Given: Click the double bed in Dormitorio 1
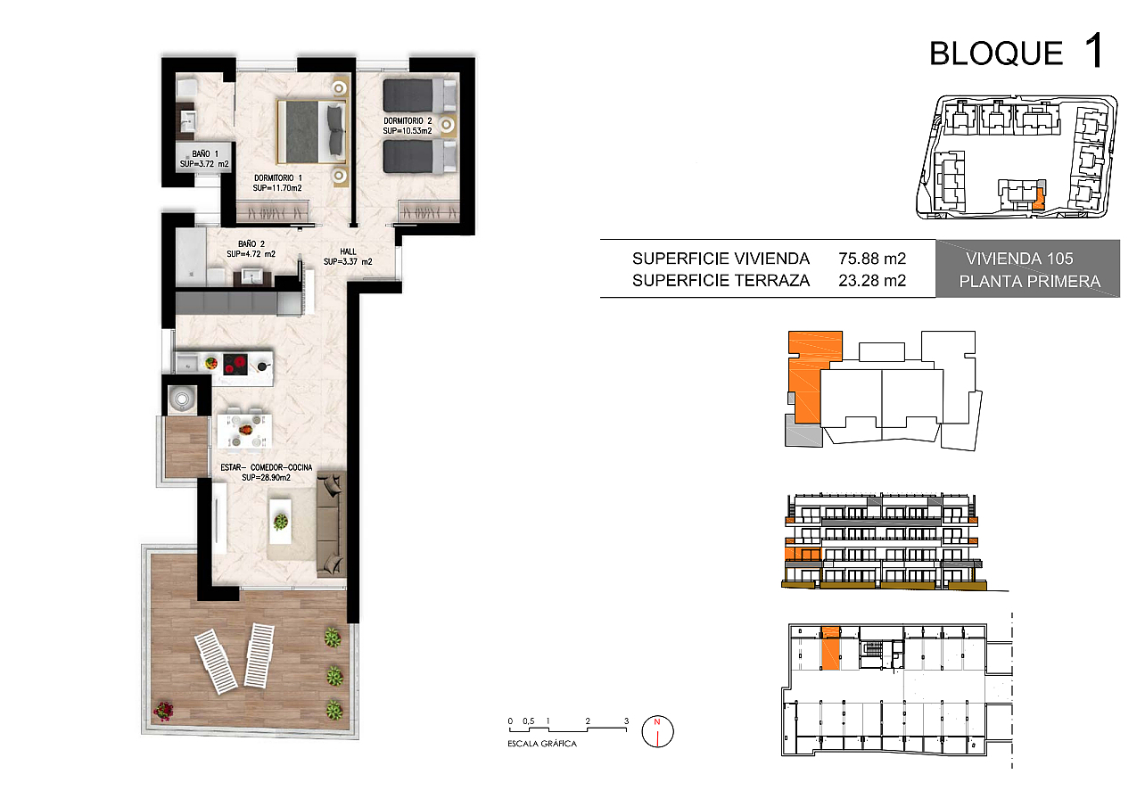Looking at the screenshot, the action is tap(312, 132).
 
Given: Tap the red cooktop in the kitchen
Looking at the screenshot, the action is tap(235, 365).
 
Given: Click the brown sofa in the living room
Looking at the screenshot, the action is tap(331, 524).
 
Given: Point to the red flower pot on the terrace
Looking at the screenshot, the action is tap(163, 710).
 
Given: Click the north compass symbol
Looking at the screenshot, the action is tap(657, 731).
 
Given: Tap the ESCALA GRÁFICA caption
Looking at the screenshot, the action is tap(542, 744).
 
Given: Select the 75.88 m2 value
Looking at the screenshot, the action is tap(872, 259).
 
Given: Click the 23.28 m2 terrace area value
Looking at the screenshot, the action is tap(872, 281).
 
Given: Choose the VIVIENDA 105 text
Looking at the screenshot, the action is tap(1019, 259).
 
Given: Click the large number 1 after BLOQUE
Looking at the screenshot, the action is tap(1094, 50).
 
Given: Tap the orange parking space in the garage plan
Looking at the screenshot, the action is tap(830, 648).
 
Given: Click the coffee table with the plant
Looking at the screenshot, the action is tap(281, 522).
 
